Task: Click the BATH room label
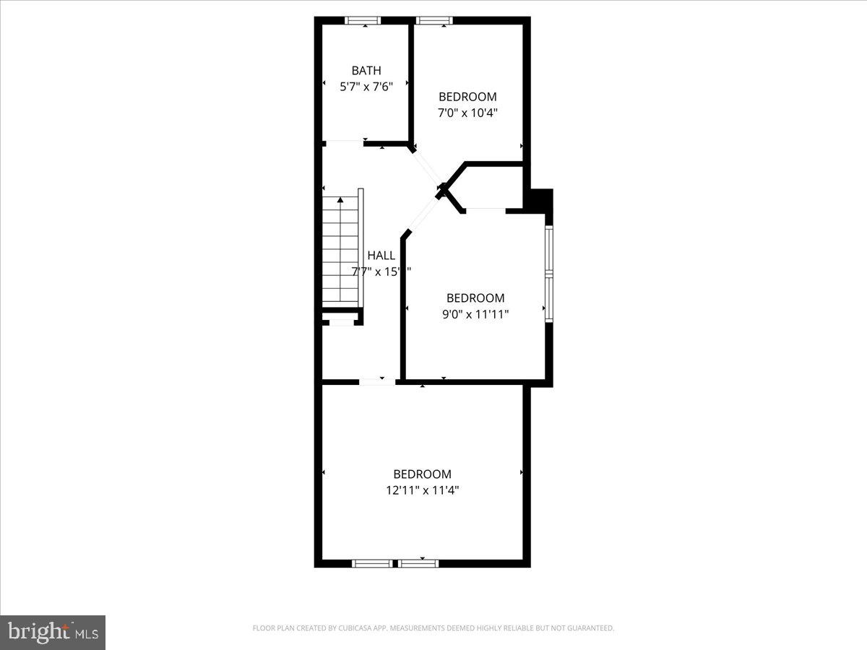click(366, 71)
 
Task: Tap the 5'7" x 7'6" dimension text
click(366, 87)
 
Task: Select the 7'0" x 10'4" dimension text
click(467, 113)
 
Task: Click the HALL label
click(381, 256)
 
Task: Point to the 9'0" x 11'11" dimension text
click(475, 314)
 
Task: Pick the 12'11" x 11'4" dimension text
click(422, 490)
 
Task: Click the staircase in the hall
click(340, 249)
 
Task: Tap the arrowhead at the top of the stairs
click(340, 199)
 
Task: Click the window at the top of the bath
click(365, 21)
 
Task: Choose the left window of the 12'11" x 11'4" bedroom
click(373, 563)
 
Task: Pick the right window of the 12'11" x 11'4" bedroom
click(419, 563)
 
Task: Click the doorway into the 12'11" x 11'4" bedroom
click(376, 381)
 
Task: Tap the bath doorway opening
click(344, 144)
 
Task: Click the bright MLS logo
click(53, 632)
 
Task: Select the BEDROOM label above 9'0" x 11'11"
click(475, 298)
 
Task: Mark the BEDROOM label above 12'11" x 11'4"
click(422, 474)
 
